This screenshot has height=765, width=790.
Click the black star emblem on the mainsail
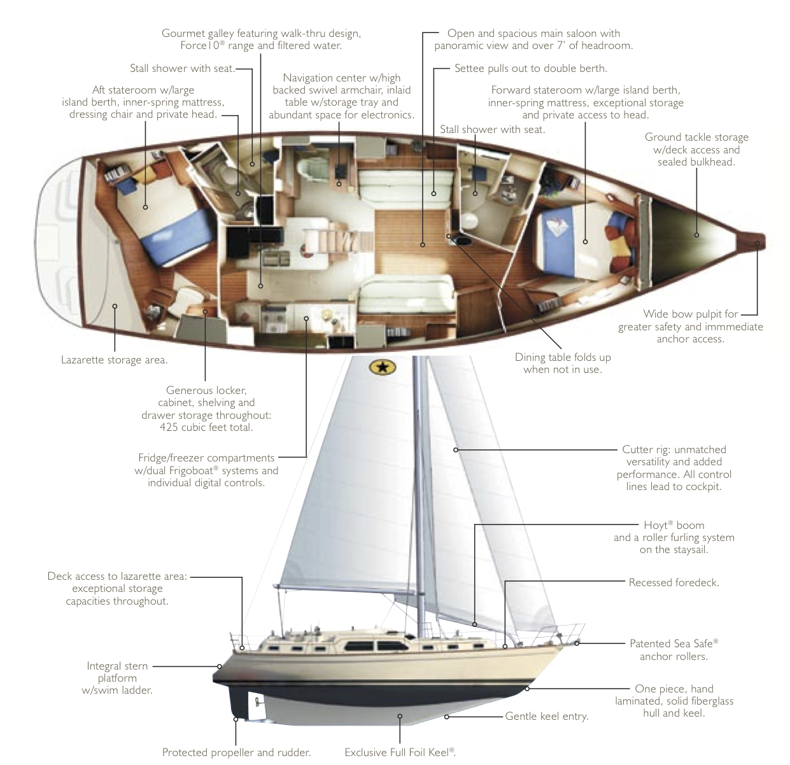click(382, 368)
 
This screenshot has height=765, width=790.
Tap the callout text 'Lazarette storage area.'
click(115, 360)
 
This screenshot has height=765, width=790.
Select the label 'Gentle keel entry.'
click(546, 716)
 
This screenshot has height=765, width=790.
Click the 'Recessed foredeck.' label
click(674, 582)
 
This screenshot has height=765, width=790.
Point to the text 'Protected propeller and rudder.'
click(236, 752)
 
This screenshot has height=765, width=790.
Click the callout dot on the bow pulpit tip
click(757, 244)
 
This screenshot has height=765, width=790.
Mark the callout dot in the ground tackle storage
click(696, 235)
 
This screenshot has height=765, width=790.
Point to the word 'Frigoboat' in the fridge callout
click(191, 471)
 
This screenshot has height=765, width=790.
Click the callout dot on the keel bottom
click(400, 716)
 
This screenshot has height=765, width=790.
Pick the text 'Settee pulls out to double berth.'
click(531, 68)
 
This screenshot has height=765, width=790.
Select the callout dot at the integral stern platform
click(219, 666)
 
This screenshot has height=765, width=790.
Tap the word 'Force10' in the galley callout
click(200, 45)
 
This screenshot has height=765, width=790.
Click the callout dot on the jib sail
click(456, 450)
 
